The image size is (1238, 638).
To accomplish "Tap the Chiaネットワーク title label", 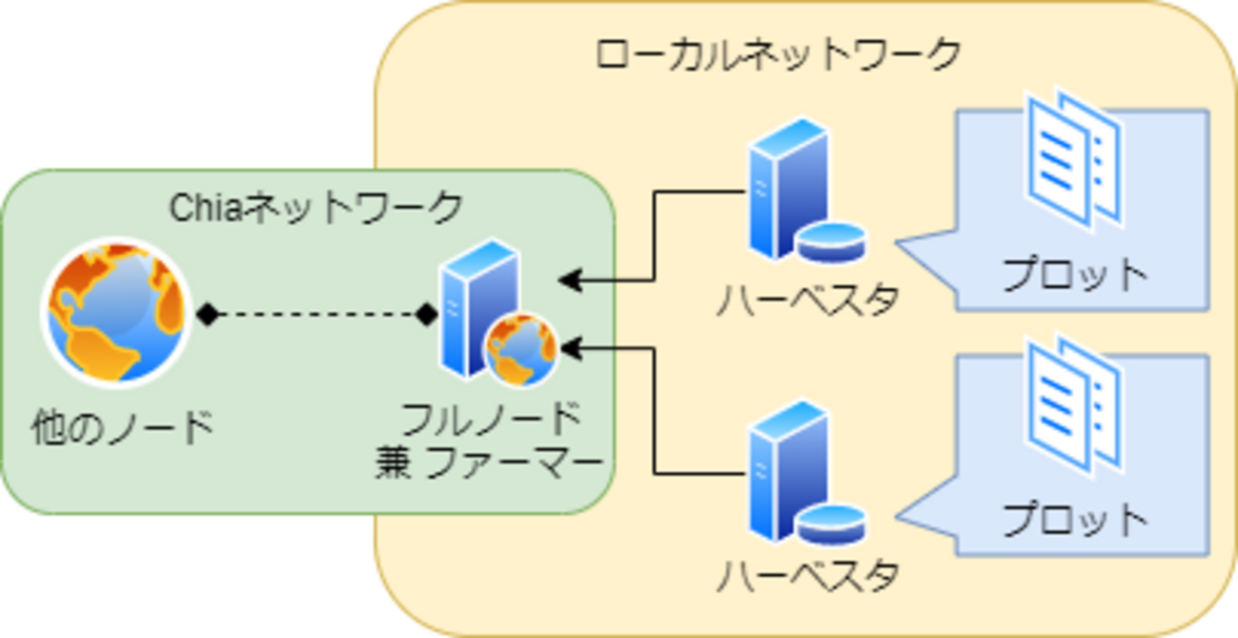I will tap(315, 208).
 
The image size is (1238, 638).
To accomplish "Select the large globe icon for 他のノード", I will tap(115, 312).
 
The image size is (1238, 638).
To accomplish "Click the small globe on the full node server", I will tap(520, 350).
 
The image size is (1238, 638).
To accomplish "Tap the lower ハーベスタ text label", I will tap(808, 575).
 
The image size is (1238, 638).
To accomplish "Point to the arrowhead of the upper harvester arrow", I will tap(569, 280).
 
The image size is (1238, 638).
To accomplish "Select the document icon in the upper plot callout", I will tap(1073, 161).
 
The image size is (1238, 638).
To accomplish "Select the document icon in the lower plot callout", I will tap(1073, 404).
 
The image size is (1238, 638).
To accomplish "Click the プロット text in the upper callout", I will tap(1075, 275).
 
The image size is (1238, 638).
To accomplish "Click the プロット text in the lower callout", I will tap(1075, 520).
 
